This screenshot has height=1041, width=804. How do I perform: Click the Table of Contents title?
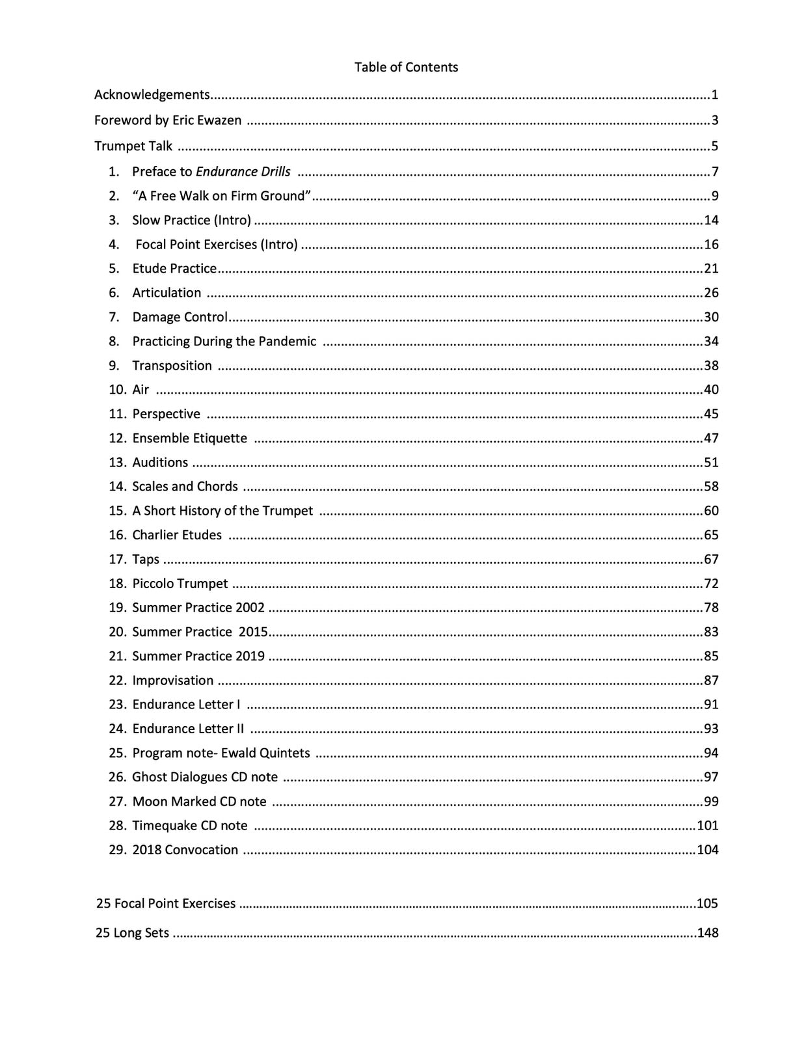coord(406,67)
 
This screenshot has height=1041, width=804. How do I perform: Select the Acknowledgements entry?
coord(152,95)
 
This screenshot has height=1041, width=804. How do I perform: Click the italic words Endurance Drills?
coord(243,172)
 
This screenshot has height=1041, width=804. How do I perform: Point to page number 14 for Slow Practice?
coord(711,220)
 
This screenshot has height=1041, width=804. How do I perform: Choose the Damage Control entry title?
coord(180,317)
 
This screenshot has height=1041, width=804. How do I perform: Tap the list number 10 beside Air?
coord(117,390)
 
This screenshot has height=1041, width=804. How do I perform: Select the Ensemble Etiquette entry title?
coord(189,439)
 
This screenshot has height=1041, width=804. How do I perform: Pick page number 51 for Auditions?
coord(711,463)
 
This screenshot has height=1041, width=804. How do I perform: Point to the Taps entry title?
coord(146,560)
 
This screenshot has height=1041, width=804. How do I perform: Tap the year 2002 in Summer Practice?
coord(250,608)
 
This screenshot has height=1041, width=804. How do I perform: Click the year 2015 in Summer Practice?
coord(253,632)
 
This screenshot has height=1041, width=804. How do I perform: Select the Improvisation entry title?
coord(172,681)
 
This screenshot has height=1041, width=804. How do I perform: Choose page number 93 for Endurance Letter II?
coord(711,729)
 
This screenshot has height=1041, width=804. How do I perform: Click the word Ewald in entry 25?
coord(238,753)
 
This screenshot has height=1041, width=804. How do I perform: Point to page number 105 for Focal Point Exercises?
coord(707,903)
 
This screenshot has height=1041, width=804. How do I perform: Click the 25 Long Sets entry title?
coord(132,933)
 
